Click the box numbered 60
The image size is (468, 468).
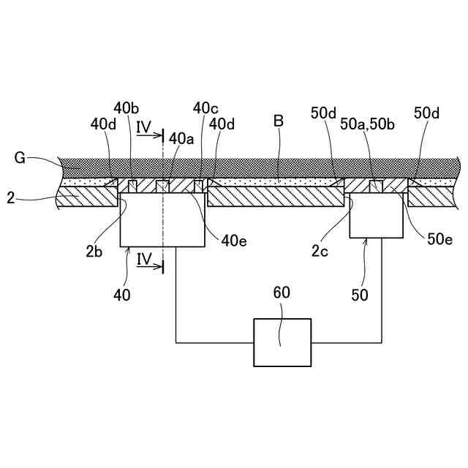click(x=282, y=342)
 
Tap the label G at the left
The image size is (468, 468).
click(x=20, y=157)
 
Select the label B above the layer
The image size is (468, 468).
click(x=279, y=121)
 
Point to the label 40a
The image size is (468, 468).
click(x=181, y=138)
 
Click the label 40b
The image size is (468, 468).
click(x=127, y=108)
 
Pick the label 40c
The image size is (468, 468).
click(x=206, y=108)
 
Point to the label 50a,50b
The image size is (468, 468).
click(x=369, y=124)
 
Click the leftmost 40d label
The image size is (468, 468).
click(x=103, y=124)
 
